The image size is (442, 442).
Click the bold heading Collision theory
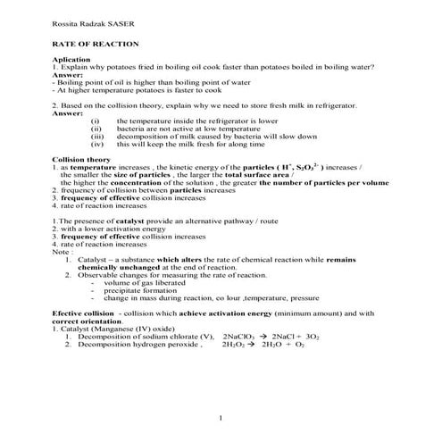click(x=80, y=159)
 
